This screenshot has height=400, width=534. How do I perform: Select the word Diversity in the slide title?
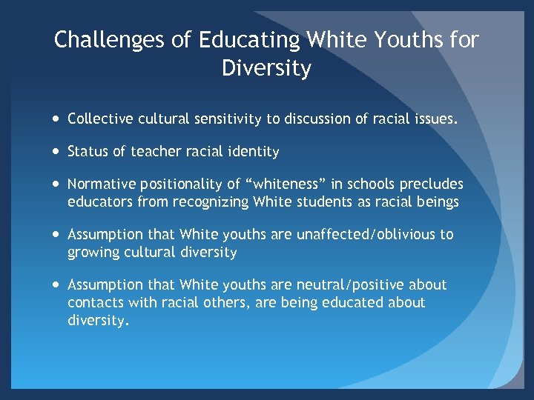click(x=266, y=69)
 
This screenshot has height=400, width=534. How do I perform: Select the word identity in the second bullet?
click(x=253, y=152)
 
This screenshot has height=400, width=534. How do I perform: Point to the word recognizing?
click(x=209, y=201)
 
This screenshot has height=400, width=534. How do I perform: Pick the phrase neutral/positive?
click(x=354, y=284)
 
